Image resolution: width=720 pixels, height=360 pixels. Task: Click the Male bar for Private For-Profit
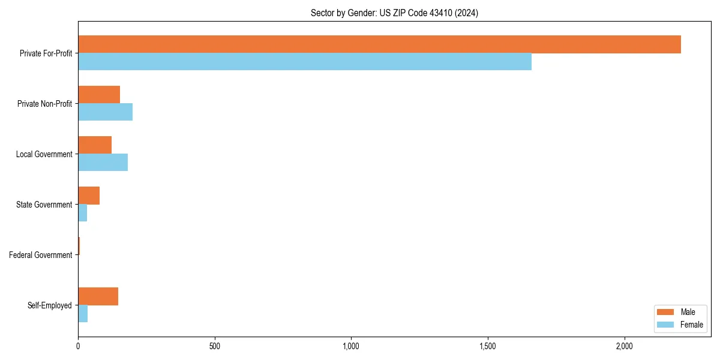click(x=379, y=44)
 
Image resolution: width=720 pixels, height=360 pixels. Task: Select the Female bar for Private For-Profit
click(x=305, y=62)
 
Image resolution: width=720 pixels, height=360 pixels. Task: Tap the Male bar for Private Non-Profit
click(x=99, y=95)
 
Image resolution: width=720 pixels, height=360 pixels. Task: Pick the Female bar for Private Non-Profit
click(x=105, y=112)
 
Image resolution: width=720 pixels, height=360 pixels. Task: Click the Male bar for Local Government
click(x=95, y=145)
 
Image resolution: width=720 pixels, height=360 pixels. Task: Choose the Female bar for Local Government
click(x=103, y=163)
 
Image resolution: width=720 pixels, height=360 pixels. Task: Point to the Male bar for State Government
click(x=89, y=196)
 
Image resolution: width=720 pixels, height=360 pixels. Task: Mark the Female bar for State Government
click(x=83, y=213)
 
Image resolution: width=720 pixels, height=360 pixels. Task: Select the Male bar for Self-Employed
click(x=98, y=296)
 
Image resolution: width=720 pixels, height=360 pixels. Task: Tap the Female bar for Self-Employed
click(x=83, y=314)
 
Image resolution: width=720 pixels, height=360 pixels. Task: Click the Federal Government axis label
click(x=41, y=255)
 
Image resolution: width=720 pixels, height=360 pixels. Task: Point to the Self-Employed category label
click(x=50, y=305)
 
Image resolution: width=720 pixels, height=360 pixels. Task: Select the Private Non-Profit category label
click(x=44, y=104)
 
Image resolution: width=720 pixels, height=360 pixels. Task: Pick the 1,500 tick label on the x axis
click(x=488, y=346)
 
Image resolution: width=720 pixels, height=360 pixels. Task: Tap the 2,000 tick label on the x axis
click(x=625, y=346)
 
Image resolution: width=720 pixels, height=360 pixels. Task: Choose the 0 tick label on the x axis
click(x=78, y=346)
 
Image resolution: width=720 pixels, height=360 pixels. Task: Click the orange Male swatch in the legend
click(x=666, y=312)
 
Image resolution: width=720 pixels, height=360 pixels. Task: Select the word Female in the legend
click(x=692, y=325)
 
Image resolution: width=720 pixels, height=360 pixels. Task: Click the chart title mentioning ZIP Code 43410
click(x=394, y=13)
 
